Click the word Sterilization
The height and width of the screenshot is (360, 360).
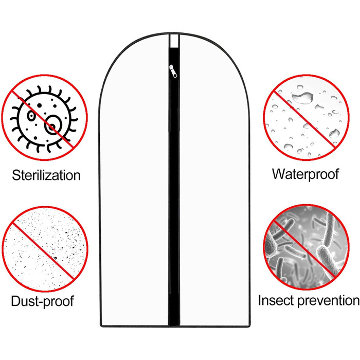pos(46,175)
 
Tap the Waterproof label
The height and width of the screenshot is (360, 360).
pos(305,174)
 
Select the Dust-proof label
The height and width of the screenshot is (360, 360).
pos(43,301)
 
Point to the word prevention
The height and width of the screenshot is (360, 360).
pos(328,301)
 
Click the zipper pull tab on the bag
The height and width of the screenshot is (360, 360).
pos(173,71)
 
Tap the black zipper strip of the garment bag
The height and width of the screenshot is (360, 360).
pos(174,186)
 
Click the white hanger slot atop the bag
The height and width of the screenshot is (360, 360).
pos(174,41)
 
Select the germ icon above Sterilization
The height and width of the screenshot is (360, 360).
pos(44,117)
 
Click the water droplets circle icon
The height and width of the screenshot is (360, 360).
pos(306,117)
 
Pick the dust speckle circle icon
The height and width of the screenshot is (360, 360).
pos(45,249)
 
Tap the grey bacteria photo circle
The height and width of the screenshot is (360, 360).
pos(306,247)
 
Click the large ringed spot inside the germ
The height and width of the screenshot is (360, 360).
pos(53,124)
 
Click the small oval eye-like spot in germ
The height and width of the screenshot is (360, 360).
pos(31,116)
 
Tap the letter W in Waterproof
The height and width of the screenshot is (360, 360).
pos(280,174)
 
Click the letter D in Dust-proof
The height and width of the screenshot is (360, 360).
pos(15,300)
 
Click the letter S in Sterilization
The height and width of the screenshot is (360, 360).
pos(16,175)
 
